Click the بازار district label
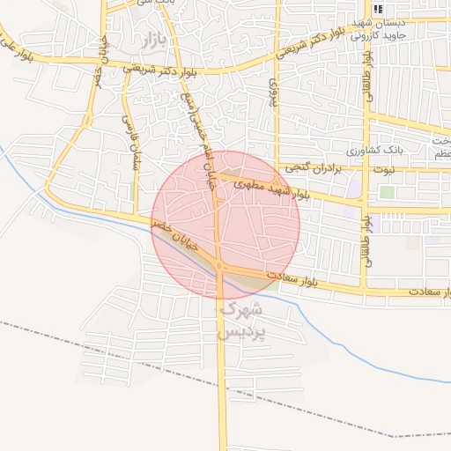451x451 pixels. coord(152,41)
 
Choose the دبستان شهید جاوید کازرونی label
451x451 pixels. coord(380,30)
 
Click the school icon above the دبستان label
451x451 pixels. coord(378,10)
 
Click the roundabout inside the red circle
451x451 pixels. coord(219,266)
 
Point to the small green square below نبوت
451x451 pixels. coord(387,191)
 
